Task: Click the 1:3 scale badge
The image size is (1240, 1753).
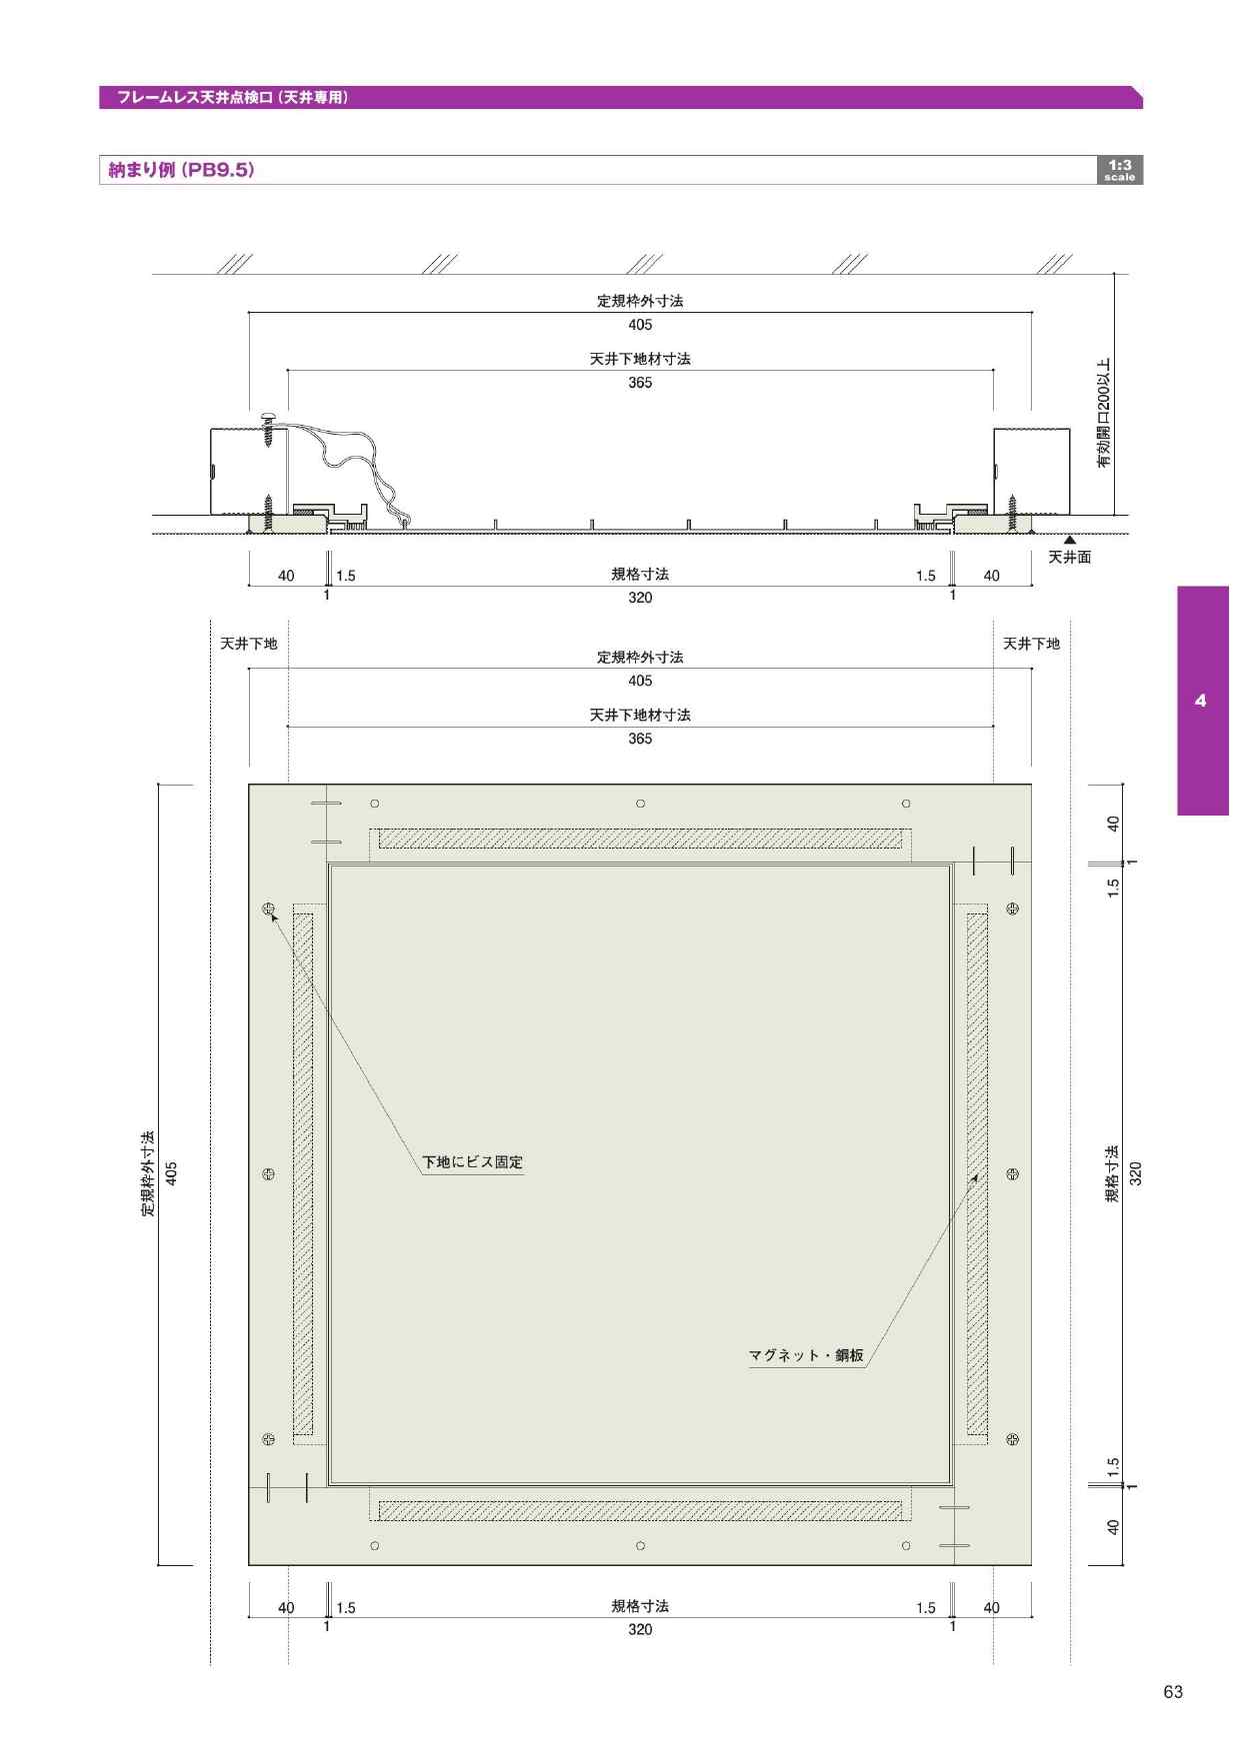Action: click(x=1120, y=170)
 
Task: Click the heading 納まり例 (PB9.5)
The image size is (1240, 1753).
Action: click(x=181, y=170)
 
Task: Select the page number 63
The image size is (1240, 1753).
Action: click(x=1173, y=1692)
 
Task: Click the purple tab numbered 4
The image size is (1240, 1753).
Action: click(x=1202, y=701)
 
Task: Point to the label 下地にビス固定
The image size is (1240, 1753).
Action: click(x=472, y=1162)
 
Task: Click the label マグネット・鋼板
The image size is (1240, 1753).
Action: click(x=806, y=1356)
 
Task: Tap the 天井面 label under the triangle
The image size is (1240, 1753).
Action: click(x=1069, y=558)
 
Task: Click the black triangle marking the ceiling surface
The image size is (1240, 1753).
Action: click(x=1069, y=540)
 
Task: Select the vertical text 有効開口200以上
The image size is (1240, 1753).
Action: click(x=1104, y=413)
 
